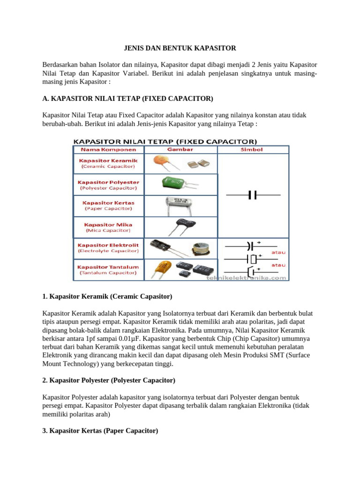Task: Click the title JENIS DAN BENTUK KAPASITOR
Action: (180, 48)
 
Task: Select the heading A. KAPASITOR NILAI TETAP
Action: (127, 98)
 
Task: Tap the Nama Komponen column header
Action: (109, 150)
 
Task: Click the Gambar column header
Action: (180, 150)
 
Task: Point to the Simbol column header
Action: (254, 150)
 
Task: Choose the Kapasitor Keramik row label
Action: (109, 163)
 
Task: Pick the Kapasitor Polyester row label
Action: (109, 185)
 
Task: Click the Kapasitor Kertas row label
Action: (109, 206)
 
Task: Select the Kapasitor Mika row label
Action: (109, 227)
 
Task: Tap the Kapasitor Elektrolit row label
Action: (109, 248)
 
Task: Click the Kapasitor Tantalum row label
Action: (109, 270)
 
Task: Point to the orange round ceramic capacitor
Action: (164, 162)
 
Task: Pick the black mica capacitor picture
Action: (180, 225)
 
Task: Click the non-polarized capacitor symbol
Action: (253, 195)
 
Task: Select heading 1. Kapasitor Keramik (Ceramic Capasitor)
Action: (107, 297)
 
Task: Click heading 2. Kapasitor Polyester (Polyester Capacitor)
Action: (109, 380)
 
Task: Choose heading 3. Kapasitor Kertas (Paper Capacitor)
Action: (100, 430)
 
